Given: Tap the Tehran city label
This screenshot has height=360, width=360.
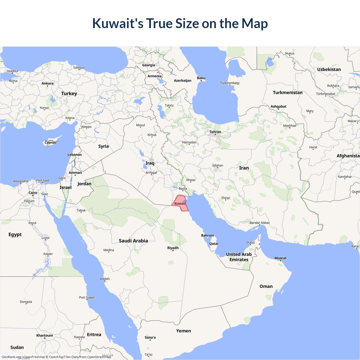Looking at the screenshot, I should click(x=215, y=132).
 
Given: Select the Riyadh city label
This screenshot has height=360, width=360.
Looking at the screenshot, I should click(x=173, y=248).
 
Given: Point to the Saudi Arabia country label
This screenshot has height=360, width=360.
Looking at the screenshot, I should click(x=133, y=241).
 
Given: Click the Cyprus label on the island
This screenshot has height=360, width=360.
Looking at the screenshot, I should click(x=50, y=143).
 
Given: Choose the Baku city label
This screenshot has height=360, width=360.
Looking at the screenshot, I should click(x=201, y=78).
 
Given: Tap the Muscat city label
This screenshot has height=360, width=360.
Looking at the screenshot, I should click(x=280, y=258).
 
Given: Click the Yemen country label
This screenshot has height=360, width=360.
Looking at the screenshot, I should click(x=183, y=331).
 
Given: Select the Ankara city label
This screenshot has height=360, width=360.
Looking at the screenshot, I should click(x=47, y=83).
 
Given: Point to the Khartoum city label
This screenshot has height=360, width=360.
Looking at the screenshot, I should click(x=44, y=335).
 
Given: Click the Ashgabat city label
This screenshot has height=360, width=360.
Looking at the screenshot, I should click(x=278, y=106).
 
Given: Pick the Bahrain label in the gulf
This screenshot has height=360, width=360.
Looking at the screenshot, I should click(x=208, y=235).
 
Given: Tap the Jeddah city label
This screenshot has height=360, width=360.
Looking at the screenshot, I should click(x=105, y=279).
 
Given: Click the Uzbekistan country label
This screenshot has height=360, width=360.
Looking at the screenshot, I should click(x=329, y=69).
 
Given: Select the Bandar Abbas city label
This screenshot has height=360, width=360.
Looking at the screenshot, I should click(x=260, y=223).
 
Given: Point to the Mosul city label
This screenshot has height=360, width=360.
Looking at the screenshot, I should click(x=140, y=125).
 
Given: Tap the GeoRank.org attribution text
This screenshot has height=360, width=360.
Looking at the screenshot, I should click(x=11, y=357).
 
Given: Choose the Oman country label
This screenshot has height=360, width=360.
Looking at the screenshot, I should click(x=266, y=286).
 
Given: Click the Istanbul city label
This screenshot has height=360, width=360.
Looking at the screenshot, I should click(x=12, y=71).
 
